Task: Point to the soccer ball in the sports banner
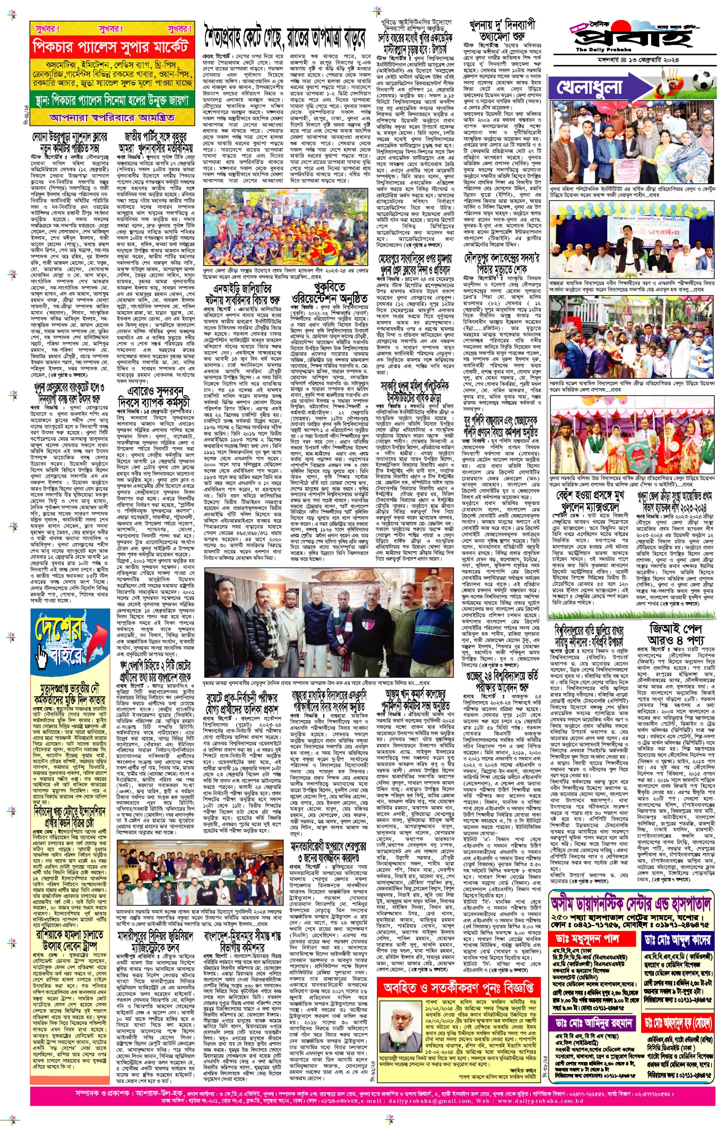click(702, 82)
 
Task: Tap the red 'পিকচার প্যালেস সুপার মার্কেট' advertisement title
click(110, 47)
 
